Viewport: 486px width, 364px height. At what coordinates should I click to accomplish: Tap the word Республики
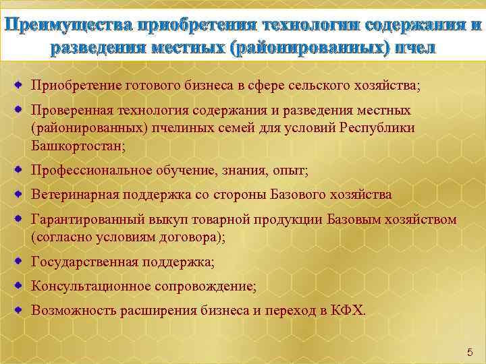[379, 127]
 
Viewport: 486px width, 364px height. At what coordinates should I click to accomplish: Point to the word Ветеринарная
[75, 195]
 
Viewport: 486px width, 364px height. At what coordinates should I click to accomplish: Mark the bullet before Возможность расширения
[19, 309]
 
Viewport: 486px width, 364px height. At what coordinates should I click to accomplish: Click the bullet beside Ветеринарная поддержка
[19, 194]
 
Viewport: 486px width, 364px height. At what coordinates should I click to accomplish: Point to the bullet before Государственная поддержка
[19, 261]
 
